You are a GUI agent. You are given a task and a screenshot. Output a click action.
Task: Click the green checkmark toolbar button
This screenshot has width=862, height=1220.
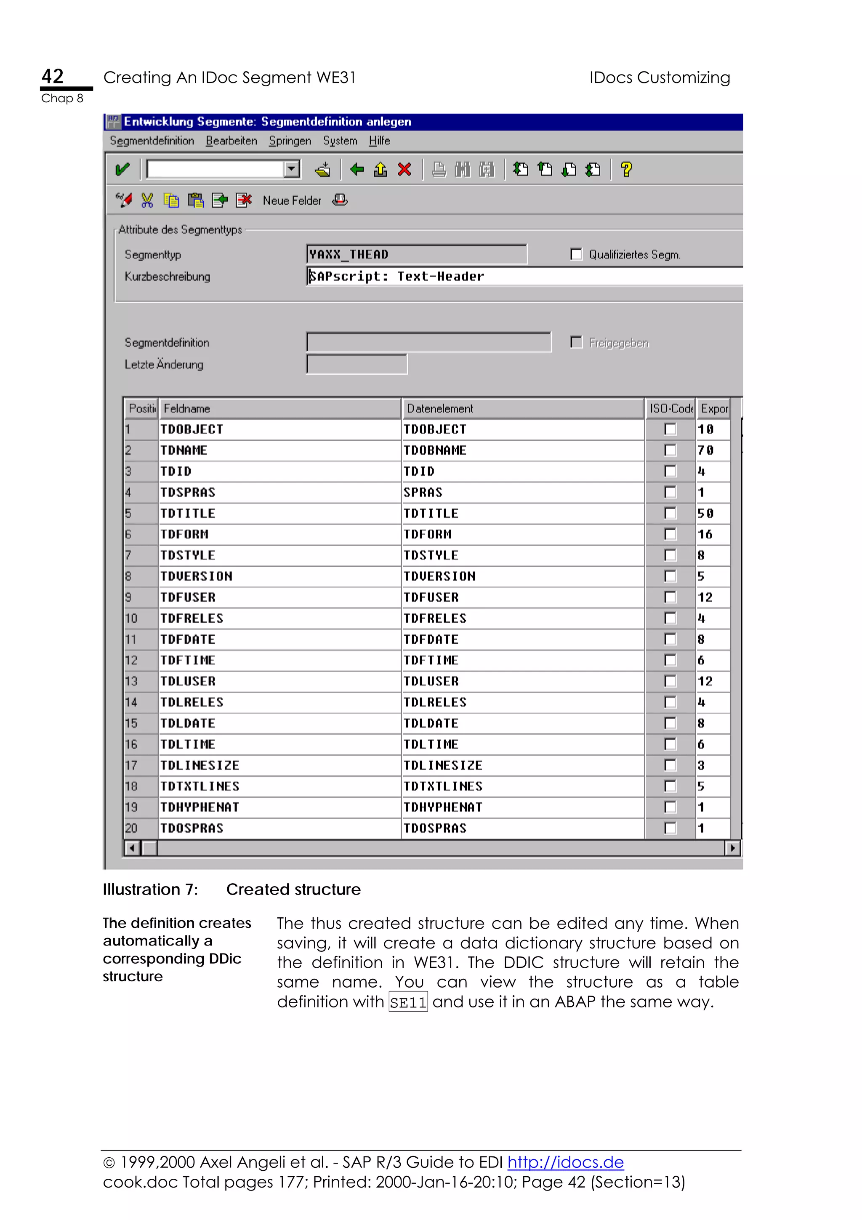122,170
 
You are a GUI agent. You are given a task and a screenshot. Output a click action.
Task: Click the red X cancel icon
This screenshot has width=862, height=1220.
404,170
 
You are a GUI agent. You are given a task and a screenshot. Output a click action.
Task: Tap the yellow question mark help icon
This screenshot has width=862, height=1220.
626,170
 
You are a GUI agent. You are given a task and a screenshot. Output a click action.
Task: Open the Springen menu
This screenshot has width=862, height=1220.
290,141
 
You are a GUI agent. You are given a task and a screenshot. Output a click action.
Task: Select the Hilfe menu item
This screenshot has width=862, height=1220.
379,141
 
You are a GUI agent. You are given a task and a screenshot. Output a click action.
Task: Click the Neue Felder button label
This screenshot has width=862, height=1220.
292,200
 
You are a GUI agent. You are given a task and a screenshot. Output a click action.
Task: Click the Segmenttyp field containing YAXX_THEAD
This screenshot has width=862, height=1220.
416,255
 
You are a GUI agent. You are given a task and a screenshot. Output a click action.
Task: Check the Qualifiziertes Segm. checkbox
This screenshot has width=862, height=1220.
576,255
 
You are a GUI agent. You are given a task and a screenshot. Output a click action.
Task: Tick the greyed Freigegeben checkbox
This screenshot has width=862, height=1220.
576,342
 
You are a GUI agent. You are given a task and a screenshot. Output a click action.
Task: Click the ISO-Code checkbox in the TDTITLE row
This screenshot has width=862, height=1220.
670,513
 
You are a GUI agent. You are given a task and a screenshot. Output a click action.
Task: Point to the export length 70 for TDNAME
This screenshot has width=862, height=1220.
706,450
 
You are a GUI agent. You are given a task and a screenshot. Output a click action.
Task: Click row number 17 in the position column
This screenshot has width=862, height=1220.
131,765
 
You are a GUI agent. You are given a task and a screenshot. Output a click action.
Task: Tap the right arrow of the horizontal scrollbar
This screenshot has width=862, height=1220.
732,848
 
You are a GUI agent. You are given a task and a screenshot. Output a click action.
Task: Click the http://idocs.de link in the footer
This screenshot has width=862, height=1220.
565,1162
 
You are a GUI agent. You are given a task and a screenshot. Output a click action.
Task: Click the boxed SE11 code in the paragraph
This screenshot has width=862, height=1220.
408,1002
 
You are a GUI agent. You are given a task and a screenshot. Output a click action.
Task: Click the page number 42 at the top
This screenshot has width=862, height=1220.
53,77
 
